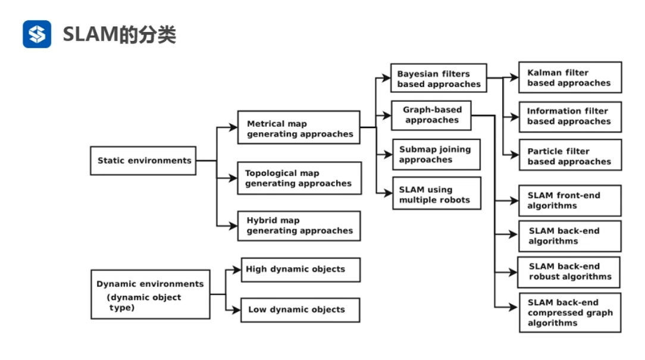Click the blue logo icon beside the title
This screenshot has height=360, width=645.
pos(37,34)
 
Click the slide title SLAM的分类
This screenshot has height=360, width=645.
pos(120,35)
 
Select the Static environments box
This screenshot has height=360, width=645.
pos(144,161)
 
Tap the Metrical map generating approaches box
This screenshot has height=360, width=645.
pos(299,128)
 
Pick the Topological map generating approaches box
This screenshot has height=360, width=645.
pos(299,178)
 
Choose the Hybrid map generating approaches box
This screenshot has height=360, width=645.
pos(299,226)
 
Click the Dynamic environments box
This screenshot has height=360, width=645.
pos(150,294)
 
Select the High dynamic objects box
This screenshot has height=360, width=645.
pos(300,270)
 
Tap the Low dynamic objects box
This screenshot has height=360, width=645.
pos(300,310)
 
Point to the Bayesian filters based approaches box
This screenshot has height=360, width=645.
pos(439,79)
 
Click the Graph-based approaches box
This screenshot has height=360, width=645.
pos(431,115)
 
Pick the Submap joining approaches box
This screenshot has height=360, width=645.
pos(436,154)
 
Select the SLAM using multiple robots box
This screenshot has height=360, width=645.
pos(436,195)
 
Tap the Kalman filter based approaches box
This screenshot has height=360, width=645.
pos(569,77)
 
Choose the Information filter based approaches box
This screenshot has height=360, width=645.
pos(569,117)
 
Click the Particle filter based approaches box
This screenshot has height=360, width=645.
pos(569,155)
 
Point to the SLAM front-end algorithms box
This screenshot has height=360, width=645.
pos(569,201)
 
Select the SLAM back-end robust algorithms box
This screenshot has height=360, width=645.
pos(569,272)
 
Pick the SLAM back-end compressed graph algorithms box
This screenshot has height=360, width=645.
pos(569,312)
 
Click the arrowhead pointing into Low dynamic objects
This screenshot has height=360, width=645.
pos(236,310)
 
